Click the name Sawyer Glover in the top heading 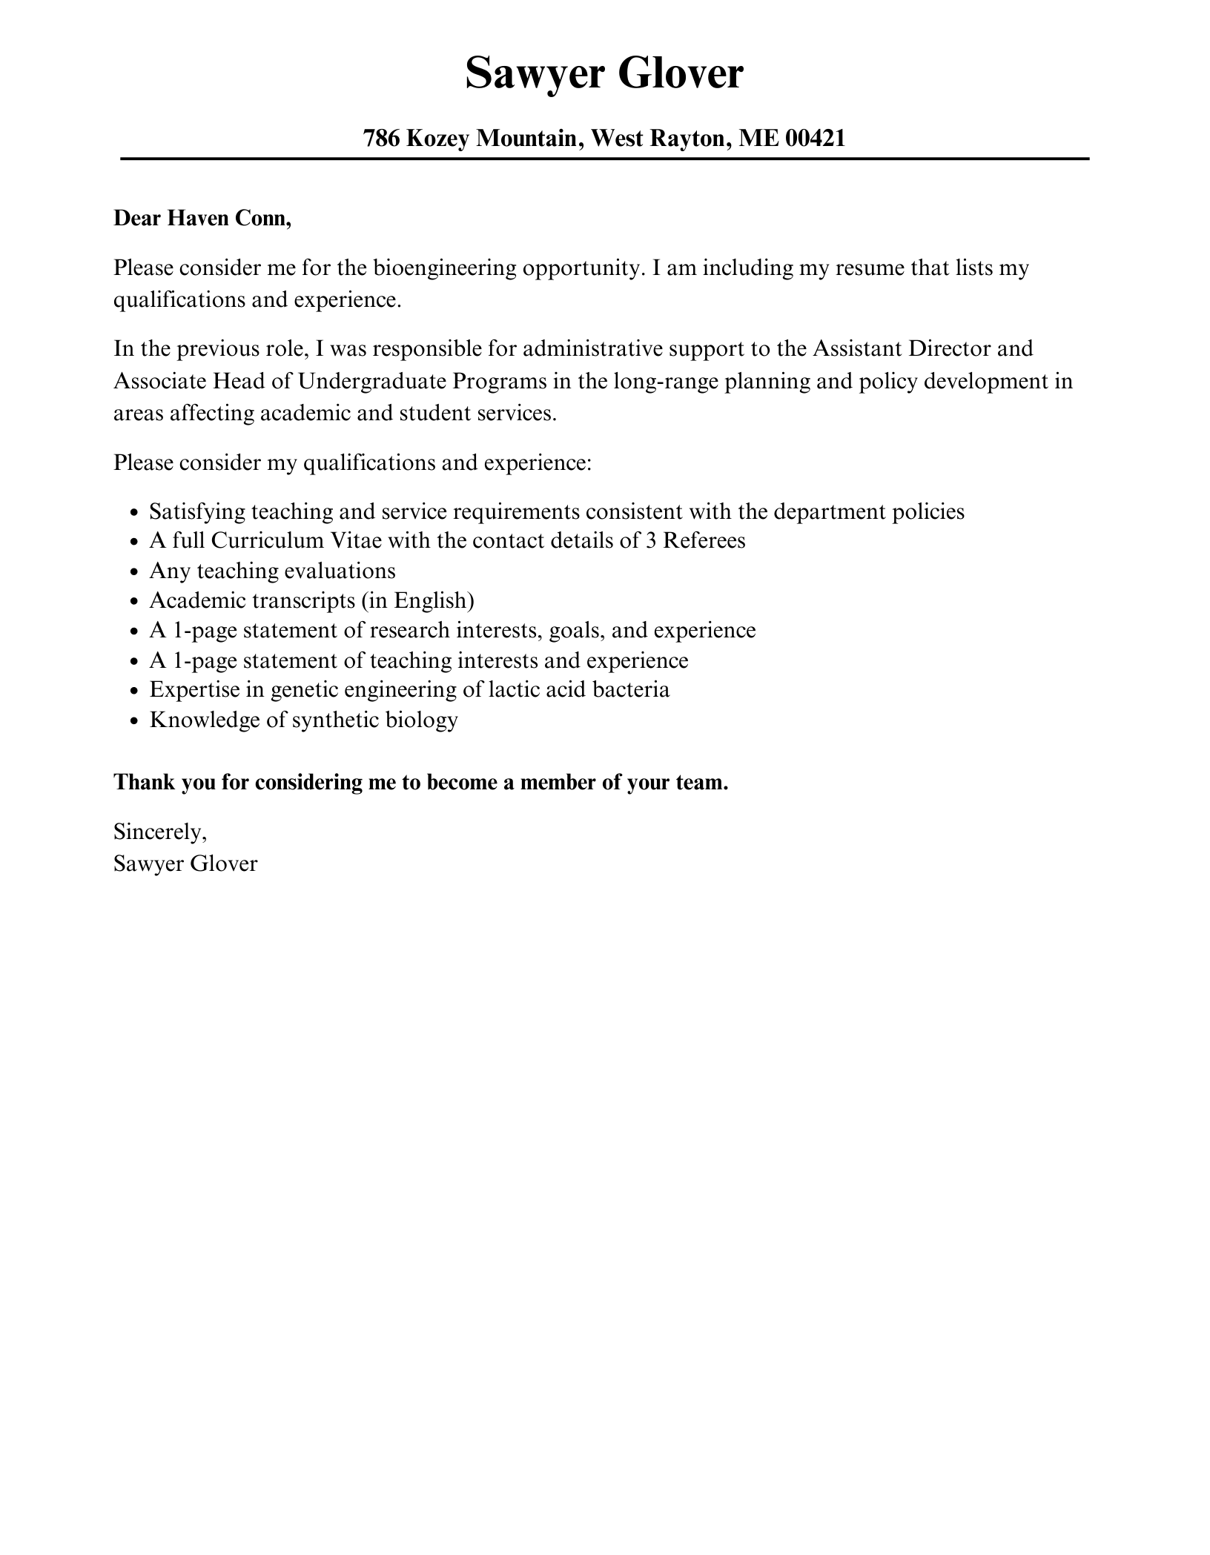(x=604, y=73)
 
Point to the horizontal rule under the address (x=605, y=159)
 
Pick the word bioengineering (x=444, y=268)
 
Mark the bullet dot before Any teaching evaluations (x=133, y=572)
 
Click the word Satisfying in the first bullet (x=197, y=511)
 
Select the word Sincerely (x=160, y=832)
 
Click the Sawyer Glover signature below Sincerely (x=185, y=863)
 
